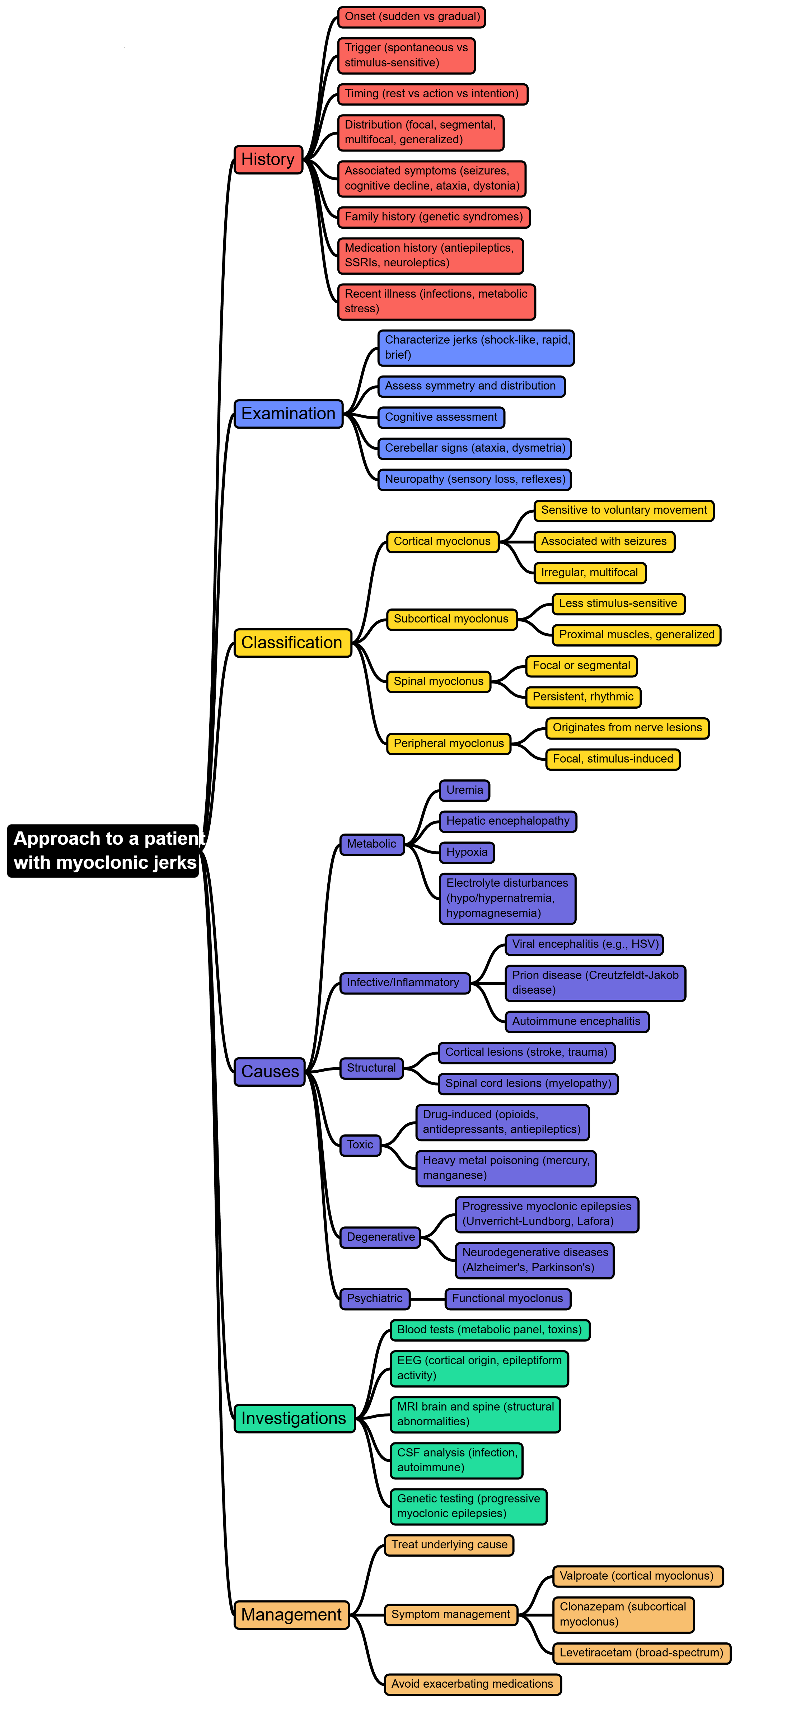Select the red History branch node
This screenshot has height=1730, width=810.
click(x=268, y=159)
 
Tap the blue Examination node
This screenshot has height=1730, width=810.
click(x=288, y=414)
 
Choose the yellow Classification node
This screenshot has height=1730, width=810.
click(x=292, y=643)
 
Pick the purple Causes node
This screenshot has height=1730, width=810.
click(x=269, y=1071)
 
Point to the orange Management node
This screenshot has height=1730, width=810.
click(x=291, y=1614)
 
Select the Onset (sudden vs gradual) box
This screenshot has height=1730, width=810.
click(x=411, y=17)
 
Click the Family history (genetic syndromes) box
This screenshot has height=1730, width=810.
click(x=433, y=217)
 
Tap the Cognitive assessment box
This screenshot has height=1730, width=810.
click(x=441, y=417)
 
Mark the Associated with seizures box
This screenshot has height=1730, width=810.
click(x=604, y=541)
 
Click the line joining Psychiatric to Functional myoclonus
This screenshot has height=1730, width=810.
click(x=427, y=1299)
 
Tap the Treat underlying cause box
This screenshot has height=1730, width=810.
click(x=449, y=1545)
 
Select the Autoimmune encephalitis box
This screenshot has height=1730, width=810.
click(x=576, y=1021)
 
